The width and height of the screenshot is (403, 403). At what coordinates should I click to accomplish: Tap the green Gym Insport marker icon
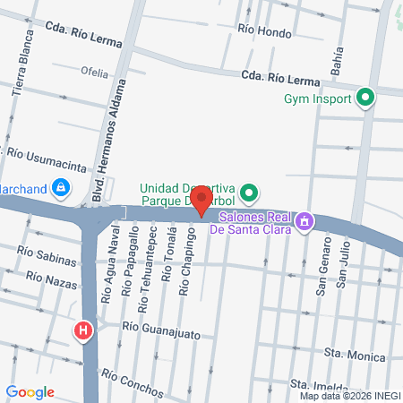pos(364,98)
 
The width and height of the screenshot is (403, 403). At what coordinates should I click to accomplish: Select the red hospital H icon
pos(84,331)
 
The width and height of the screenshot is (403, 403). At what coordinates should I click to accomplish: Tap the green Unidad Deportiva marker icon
pos(250,191)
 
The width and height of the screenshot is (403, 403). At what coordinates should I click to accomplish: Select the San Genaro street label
pos(322,272)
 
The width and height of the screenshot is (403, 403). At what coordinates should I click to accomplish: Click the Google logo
pos(30,391)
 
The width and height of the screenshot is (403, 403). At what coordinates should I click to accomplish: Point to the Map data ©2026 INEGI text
pos(348,396)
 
